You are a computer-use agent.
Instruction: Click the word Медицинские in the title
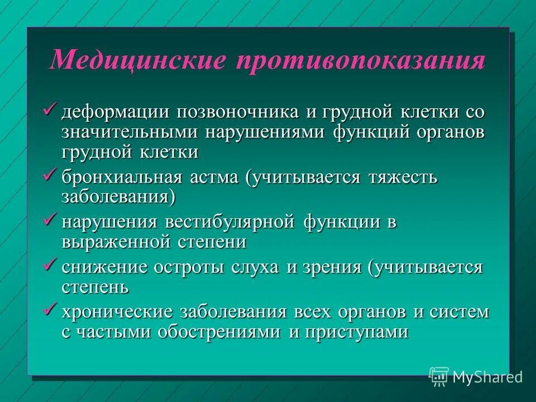click(136, 60)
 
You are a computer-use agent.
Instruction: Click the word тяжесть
click(402, 178)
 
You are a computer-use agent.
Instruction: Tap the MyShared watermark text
click(487, 377)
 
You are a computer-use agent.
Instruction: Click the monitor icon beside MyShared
click(439, 376)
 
